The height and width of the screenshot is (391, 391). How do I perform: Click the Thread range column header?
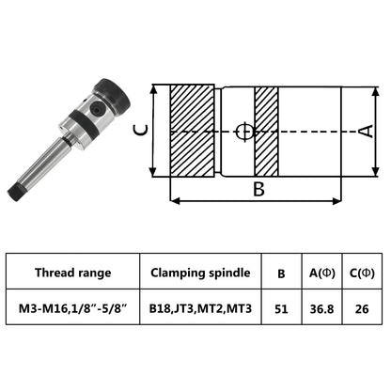[72, 274]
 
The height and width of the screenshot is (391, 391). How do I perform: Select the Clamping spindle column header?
[200, 274]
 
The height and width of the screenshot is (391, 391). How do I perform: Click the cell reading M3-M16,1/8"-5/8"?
[72, 306]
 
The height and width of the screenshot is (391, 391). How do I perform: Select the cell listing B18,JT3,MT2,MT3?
[200, 306]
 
